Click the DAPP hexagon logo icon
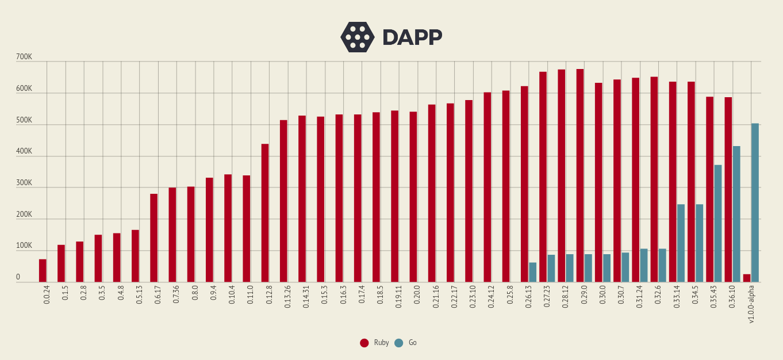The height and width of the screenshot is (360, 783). pos(358,37)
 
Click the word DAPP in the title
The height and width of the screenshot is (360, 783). pos(412,37)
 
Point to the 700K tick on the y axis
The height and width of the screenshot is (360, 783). pos(24,57)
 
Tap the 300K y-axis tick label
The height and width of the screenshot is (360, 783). pos(24,183)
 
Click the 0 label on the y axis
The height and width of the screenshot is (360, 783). pos(18,277)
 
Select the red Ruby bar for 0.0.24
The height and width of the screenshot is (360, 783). pos(43,271)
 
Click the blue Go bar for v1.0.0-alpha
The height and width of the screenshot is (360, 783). pos(755,202)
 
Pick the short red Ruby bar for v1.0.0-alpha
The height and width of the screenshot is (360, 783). pos(747,278)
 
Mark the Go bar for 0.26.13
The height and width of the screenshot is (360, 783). pos(533,272)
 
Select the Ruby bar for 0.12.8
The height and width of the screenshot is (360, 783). pos(265,213)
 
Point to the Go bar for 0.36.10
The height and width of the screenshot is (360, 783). pos(736,214)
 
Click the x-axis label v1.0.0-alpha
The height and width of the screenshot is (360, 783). pos(751,305)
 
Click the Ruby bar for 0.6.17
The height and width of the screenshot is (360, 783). pos(153,238)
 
